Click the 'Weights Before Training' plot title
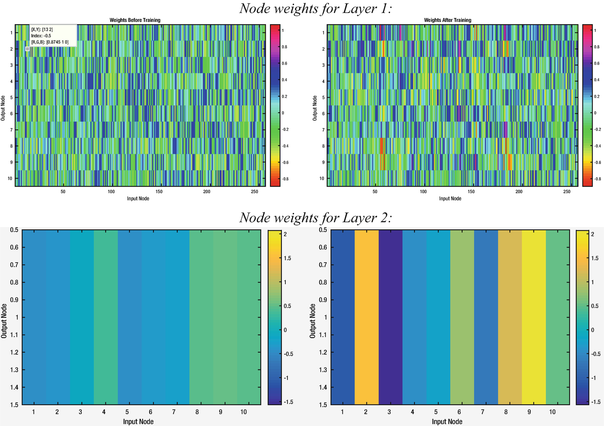135,20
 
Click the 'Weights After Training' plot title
447,20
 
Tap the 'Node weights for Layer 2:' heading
315,218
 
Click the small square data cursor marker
28,49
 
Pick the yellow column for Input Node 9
534,317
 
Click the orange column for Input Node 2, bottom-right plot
367,317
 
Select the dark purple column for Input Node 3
390,317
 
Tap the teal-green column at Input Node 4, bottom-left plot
106,317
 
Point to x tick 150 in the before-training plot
159,192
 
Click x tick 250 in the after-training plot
567,192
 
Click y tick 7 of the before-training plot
12,130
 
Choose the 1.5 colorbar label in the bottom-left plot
287,258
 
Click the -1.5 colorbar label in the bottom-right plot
595,402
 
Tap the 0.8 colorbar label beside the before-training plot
285,47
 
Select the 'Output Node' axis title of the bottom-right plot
313,321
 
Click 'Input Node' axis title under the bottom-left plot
138,421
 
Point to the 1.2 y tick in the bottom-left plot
14,352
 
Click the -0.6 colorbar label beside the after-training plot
596,162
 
